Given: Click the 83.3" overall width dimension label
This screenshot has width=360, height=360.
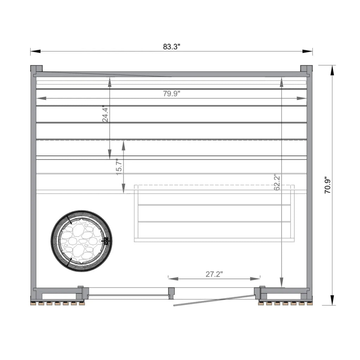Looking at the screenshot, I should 172,47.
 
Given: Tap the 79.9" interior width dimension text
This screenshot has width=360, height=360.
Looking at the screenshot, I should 172,94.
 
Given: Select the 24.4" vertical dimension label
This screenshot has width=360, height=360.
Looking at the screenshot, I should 105,114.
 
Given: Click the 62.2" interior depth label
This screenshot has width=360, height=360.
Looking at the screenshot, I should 277,182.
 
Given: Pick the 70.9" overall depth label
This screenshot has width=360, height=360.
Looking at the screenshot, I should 327,185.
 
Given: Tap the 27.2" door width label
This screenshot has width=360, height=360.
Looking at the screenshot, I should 214,274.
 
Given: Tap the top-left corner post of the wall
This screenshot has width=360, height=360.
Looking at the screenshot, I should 36,69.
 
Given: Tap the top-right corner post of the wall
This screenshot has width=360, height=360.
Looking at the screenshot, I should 306,69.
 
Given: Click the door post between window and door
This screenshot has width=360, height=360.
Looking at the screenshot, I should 171,292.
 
